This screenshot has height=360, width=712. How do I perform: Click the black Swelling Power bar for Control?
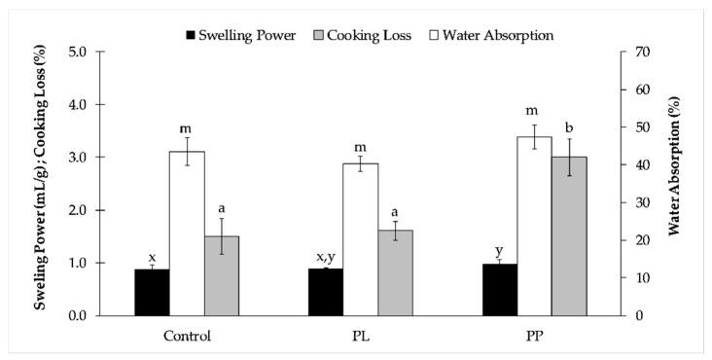pyautogui.click(x=152, y=292)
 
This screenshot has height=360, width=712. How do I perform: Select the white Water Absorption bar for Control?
pyautogui.click(x=187, y=234)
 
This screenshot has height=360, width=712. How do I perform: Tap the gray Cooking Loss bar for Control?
pyautogui.click(x=222, y=275)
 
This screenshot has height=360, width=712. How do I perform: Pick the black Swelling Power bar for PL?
pyautogui.click(x=326, y=292)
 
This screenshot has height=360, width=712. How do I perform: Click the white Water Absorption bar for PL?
pyautogui.click(x=361, y=239)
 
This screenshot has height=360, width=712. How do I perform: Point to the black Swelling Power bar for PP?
pyautogui.click(x=500, y=290)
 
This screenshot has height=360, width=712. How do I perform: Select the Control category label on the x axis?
pyautogui.click(x=187, y=336)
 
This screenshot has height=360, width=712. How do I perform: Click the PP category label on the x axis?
pyautogui.click(x=535, y=336)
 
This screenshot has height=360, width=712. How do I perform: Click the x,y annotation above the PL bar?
pyautogui.click(x=326, y=258)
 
